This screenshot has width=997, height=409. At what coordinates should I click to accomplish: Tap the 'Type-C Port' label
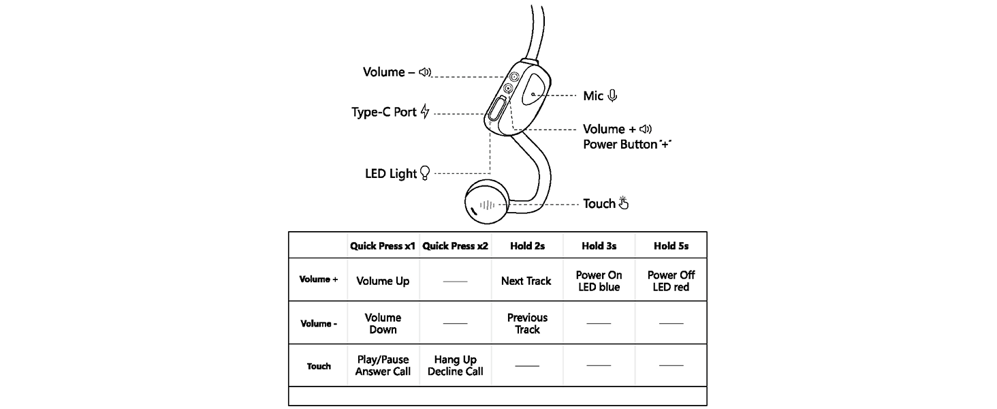pyautogui.click(x=383, y=112)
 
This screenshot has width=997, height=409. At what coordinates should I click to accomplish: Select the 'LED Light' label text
pyautogui.click(x=391, y=174)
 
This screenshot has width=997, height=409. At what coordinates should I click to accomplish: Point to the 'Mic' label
pyautogui.click(x=593, y=96)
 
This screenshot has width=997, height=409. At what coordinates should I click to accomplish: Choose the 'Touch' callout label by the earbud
pyautogui.click(x=599, y=204)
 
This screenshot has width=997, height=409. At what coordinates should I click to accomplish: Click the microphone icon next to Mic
pyautogui.click(x=612, y=96)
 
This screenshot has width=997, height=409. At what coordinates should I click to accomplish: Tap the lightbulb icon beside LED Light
pyautogui.click(x=426, y=173)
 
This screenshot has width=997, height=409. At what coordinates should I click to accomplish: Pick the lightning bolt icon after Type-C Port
pyautogui.click(x=426, y=112)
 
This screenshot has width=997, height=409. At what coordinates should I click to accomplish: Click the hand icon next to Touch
pyautogui.click(x=623, y=203)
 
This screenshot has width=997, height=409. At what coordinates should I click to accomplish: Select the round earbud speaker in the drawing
pyautogui.click(x=486, y=203)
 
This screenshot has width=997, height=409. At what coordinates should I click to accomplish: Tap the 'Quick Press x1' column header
pyautogui.click(x=383, y=246)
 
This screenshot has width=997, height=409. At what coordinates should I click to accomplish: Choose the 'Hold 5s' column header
pyautogui.click(x=671, y=246)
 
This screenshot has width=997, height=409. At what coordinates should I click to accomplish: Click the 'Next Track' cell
pyautogui.click(x=526, y=281)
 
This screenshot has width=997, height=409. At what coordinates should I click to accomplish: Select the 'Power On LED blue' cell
pyautogui.click(x=599, y=281)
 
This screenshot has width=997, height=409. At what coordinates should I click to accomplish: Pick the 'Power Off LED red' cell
pyautogui.click(x=671, y=281)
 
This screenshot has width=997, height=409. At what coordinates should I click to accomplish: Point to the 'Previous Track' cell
pyautogui.click(x=526, y=323)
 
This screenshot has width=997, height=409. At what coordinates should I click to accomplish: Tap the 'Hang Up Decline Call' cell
pyautogui.click(x=455, y=365)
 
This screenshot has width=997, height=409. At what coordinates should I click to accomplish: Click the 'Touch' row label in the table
pyautogui.click(x=319, y=366)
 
